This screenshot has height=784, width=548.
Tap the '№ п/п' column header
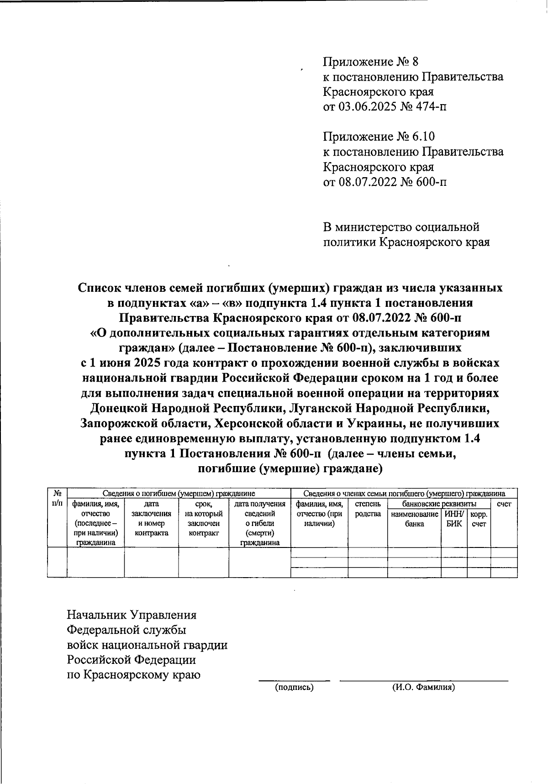(x=57, y=498)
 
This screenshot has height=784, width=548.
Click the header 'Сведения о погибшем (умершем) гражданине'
(x=179, y=494)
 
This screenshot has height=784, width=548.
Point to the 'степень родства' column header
(x=368, y=509)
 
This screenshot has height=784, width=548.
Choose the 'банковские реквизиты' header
(x=439, y=504)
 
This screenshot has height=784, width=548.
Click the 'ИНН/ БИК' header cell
(x=454, y=519)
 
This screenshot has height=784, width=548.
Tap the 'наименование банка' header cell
(x=414, y=519)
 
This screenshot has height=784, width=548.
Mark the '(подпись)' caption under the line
(x=294, y=687)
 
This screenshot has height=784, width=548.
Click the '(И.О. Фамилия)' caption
(x=423, y=687)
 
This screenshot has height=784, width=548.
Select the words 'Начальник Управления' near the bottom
(x=132, y=615)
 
